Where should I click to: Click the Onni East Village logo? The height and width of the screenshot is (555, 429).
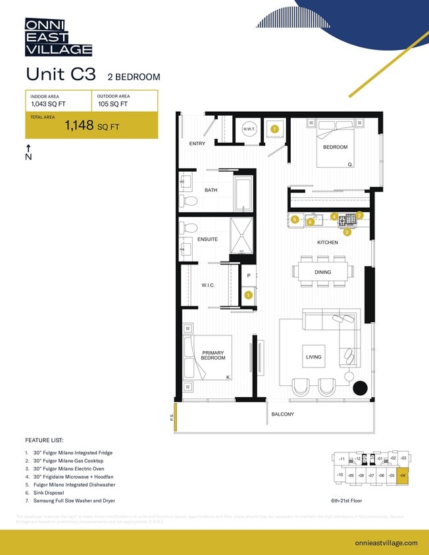point(59,37)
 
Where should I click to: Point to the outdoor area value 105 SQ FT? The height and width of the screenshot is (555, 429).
point(113,104)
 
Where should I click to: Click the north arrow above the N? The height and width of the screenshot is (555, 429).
point(28,148)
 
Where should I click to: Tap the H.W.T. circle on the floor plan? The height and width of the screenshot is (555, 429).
point(249,130)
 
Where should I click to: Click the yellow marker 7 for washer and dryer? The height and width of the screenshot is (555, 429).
point(274,129)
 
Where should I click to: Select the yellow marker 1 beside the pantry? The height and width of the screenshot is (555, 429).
point(248,295)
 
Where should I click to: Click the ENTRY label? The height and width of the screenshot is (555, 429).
point(197,143)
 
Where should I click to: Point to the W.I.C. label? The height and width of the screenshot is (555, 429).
point(209,285)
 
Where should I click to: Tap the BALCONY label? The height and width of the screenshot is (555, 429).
point(283,414)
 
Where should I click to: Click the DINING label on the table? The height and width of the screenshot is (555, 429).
point(322,272)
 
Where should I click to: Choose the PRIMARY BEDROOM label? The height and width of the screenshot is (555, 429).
point(213,356)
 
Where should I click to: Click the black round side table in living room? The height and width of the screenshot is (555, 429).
point(361,388)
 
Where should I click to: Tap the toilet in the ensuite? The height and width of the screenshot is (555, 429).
point(189,229)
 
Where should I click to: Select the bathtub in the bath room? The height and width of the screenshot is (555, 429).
point(243,193)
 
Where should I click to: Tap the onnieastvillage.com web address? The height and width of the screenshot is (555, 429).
point(386,543)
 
